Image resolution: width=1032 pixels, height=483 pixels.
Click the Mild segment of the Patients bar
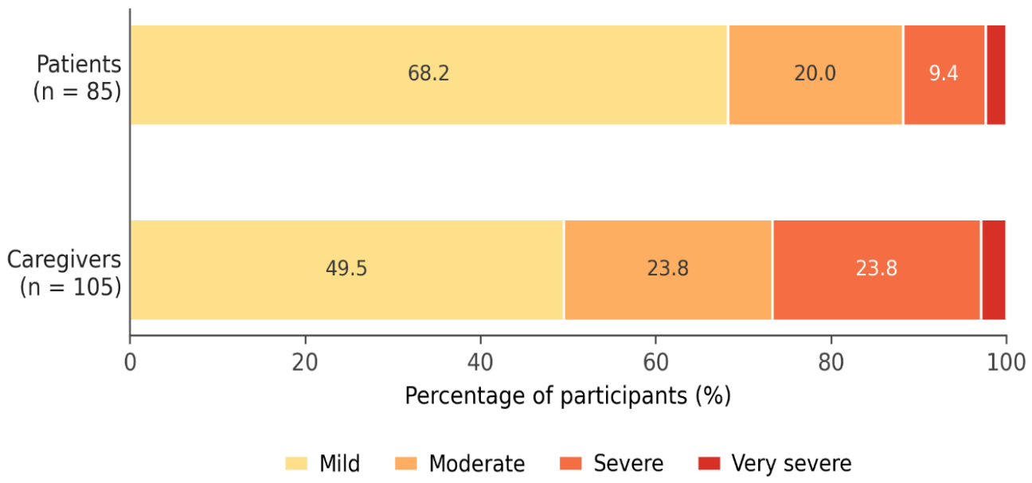429,75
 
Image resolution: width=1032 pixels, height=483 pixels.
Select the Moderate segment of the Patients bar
815,75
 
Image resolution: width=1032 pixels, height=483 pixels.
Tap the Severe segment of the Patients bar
944,75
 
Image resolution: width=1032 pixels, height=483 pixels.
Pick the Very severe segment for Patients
996,75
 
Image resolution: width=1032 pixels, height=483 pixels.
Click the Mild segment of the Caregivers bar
347,270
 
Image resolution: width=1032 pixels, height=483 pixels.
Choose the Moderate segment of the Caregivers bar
668,270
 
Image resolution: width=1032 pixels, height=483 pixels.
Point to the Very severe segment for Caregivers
994,270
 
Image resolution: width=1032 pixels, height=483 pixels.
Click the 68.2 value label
428,73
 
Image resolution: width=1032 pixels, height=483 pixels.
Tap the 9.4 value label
944,73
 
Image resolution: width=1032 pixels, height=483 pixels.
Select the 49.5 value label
346,268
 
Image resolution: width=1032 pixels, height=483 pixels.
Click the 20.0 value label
815,73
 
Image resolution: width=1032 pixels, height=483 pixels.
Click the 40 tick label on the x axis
480,363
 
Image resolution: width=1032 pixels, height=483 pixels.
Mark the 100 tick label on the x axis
1006,363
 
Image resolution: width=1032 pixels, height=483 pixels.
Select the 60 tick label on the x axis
655,363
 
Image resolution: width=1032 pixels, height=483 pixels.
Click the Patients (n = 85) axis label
77,77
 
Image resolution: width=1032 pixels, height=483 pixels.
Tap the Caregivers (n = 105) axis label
64,273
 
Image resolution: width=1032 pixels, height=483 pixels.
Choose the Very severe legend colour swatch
709,463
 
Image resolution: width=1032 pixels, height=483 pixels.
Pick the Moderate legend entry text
477,464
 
